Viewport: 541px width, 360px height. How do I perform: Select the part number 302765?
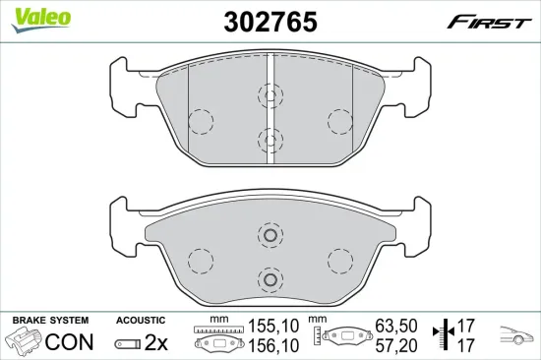coord(270,22)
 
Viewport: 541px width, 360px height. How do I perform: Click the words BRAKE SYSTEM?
coord(49,321)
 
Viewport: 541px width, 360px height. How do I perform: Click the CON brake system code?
coord(71,342)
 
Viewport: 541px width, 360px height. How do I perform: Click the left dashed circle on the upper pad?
coord(201,122)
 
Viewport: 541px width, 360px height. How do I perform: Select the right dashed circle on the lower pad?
coord(339,260)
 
